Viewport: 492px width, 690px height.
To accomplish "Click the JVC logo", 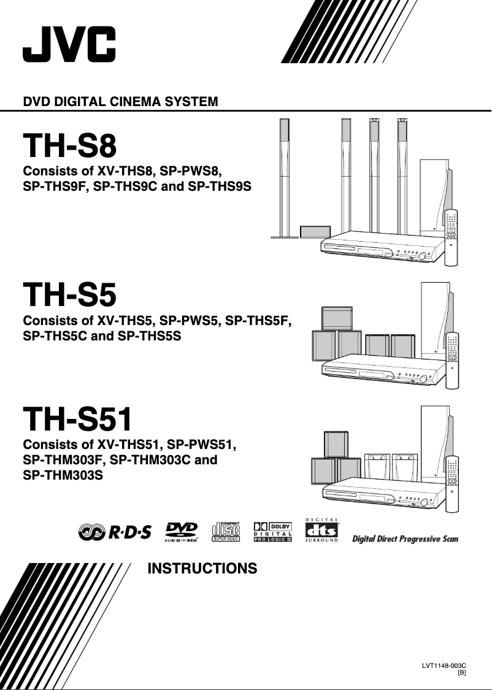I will [x=69, y=44].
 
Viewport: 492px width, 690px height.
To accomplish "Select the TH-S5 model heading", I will [x=69, y=296].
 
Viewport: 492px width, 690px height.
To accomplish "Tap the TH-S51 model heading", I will [x=77, y=420].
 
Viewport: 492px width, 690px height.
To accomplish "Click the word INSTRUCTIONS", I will [x=202, y=569].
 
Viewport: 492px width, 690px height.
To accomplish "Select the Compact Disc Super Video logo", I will [x=225, y=532].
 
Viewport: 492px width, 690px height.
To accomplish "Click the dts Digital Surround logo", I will [x=321, y=531].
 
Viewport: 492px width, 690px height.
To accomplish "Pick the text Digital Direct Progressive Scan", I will [x=405, y=539].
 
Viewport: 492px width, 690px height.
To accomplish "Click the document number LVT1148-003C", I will [x=444, y=665].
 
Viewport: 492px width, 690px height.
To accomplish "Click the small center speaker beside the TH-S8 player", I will [x=315, y=232].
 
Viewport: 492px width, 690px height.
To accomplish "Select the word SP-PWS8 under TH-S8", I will [x=190, y=170].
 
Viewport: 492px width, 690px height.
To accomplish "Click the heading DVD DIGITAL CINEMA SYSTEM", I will [x=120, y=101].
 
